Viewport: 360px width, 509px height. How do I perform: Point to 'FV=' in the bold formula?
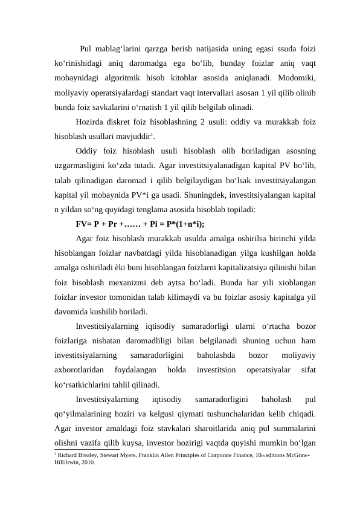click(x=86, y=224)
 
